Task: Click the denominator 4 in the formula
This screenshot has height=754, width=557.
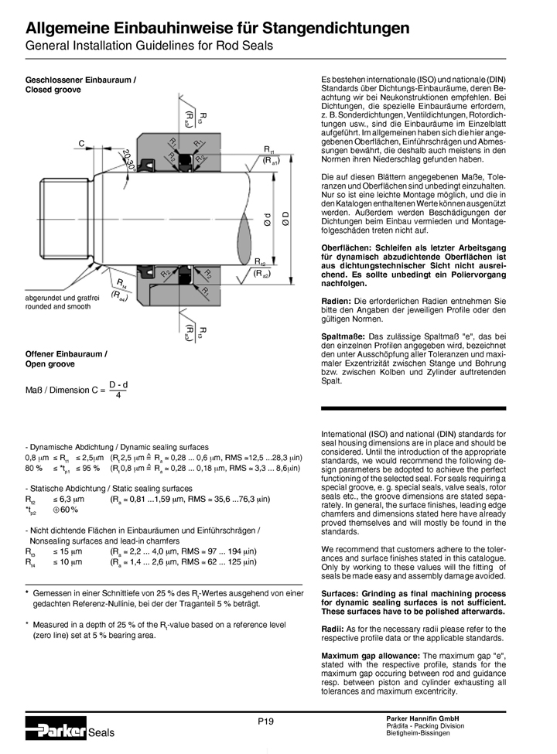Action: [x=118, y=396]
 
